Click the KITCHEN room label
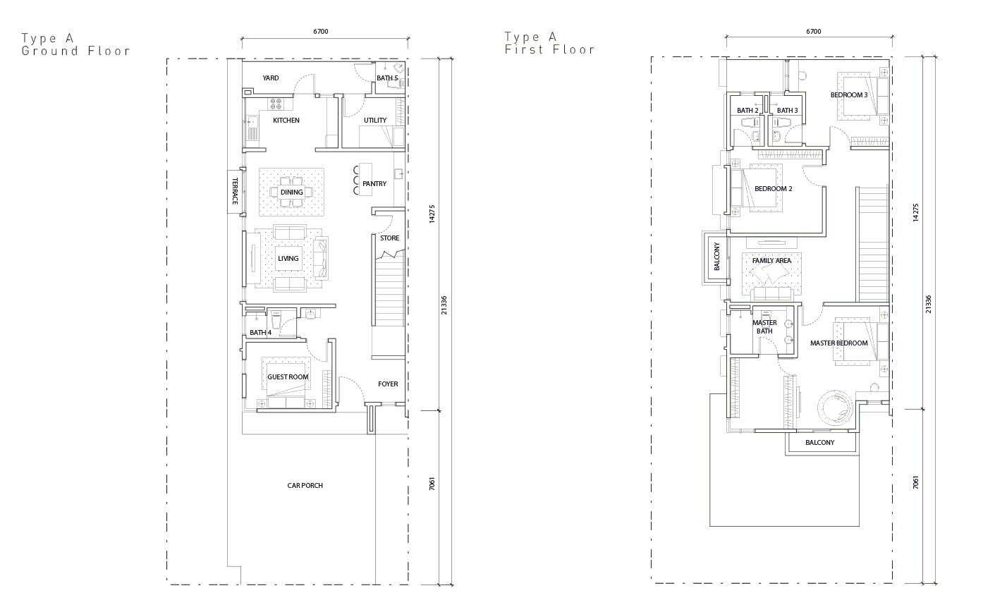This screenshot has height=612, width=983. pyautogui.click(x=286, y=120)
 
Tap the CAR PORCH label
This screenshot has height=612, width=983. pyautogui.click(x=305, y=485)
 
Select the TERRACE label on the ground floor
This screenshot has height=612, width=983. pyautogui.click(x=235, y=191)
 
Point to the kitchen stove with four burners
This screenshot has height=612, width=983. pyautogui.click(x=276, y=104)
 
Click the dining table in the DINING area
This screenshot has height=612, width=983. pyautogui.click(x=291, y=192)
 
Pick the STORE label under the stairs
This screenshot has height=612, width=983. pyautogui.click(x=390, y=238)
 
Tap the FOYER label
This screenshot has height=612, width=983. pyautogui.click(x=388, y=384)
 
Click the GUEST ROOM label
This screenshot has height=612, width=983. pyautogui.click(x=288, y=377)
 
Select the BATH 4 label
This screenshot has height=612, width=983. pyautogui.click(x=261, y=333)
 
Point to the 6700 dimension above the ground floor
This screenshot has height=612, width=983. pyautogui.click(x=321, y=32)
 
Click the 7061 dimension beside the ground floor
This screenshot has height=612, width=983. pyautogui.click(x=432, y=484)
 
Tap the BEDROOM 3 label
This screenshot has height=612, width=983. pyautogui.click(x=849, y=94)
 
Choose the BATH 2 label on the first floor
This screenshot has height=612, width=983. pyautogui.click(x=747, y=111)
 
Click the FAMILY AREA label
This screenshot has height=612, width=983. pyautogui.click(x=771, y=261)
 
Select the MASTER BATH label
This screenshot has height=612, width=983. pyautogui.click(x=764, y=327)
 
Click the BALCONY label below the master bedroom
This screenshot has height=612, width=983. pyautogui.click(x=819, y=443)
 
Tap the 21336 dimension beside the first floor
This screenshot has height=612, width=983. pyautogui.click(x=928, y=304)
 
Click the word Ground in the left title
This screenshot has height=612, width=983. pyautogui.click(x=50, y=51)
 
